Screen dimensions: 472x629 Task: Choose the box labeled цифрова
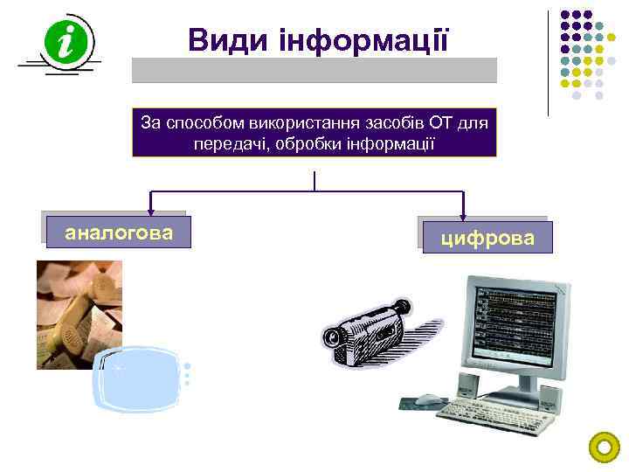coord(487,237)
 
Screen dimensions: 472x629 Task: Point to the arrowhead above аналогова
coord(150,210)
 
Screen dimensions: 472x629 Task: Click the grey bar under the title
coord(314,70)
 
